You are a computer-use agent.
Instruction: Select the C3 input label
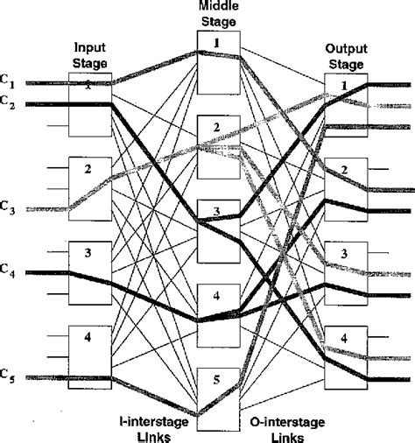8,207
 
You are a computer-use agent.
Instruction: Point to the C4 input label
8,272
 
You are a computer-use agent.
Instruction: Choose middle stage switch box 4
218,312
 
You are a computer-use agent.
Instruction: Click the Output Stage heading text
347,55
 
